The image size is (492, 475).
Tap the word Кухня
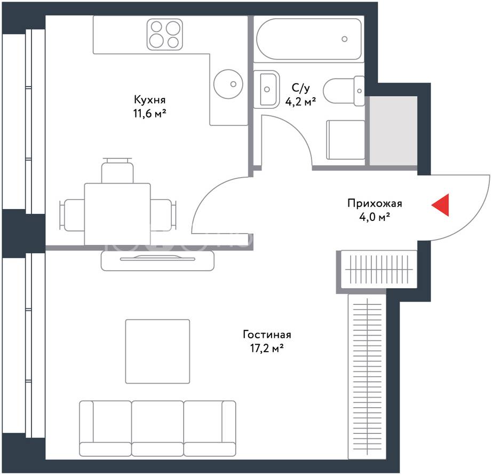[x=149, y=100]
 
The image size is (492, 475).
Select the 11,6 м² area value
[x=149, y=113]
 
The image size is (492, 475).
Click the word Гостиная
[x=267, y=335]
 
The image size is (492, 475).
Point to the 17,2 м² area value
[x=267, y=348]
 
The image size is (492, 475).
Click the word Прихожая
[x=375, y=203]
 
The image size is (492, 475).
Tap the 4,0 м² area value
[x=375, y=217]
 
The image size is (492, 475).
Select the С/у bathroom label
[x=300, y=88]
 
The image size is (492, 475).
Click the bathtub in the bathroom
[x=309, y=39]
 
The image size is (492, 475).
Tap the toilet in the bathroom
[x=344, y=91]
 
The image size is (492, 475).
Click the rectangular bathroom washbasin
[x=267, y=89]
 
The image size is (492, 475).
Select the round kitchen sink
[x=228, y=84]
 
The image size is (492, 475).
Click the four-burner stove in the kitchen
[x=165, y=34]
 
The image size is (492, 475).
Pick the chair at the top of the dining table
[x=117, y=170]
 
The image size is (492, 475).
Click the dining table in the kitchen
[x=117, y=214]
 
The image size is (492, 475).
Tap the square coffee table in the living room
[x=157, y=351]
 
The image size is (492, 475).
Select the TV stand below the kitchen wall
[x=157, y=260]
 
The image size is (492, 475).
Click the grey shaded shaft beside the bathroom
[x=393, y=131]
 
